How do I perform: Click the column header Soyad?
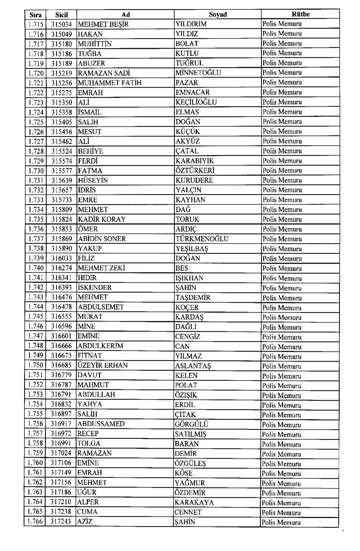pos(218,14)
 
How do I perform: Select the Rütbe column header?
pos(300,14)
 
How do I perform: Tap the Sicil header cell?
pos(61,15)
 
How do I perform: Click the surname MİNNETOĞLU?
pos(198,73)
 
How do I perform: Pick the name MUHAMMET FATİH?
pos(110,83)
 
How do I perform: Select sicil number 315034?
pos(61,24)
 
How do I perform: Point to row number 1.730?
pos(36,170)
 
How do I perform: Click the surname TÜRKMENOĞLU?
pos(202,239)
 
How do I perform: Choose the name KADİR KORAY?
pos(102,219)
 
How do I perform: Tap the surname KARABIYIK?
pos(194,161)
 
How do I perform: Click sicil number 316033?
pos(61,258)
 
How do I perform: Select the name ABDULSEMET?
pos(101,307)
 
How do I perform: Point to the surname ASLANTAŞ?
pos(193,366)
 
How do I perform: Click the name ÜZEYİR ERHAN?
pos(103,365)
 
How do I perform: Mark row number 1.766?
pos(35,522)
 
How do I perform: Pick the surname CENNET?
pos(188,512)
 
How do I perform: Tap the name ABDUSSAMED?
pos(101,424)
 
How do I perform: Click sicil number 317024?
pos(61,453)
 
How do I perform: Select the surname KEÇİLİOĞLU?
pos(196,102)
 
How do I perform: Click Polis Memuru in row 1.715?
pos(282,24)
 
